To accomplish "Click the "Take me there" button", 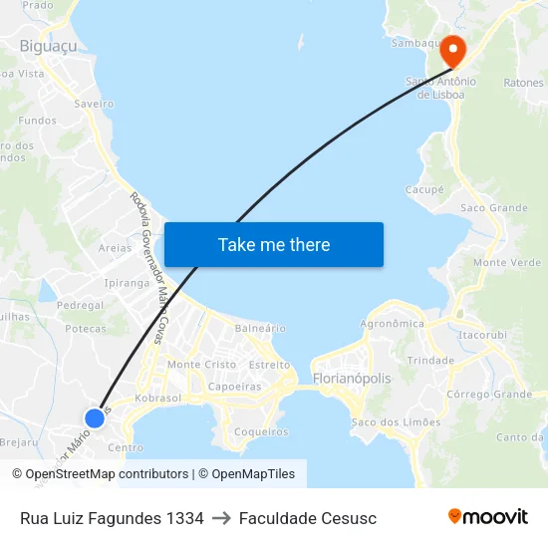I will coord(274,244).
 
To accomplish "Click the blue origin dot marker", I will coord(95,418).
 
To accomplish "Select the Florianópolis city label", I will coord(352,379).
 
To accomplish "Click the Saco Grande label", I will coord(493,208).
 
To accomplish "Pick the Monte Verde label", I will coord(507,262).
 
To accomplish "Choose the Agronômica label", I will coord(392,323).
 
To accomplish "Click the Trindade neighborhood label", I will coord(430,360).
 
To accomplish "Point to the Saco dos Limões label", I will coord(396,422).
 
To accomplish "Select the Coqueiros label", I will coord(260,431).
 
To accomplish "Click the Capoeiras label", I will coord(234,386).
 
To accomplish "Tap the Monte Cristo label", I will coord(201,365).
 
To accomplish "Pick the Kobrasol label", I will coord(157,398).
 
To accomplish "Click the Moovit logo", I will coord(488,517).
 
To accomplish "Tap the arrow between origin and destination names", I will coord(221,518).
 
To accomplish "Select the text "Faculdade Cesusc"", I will coord(308,518).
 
